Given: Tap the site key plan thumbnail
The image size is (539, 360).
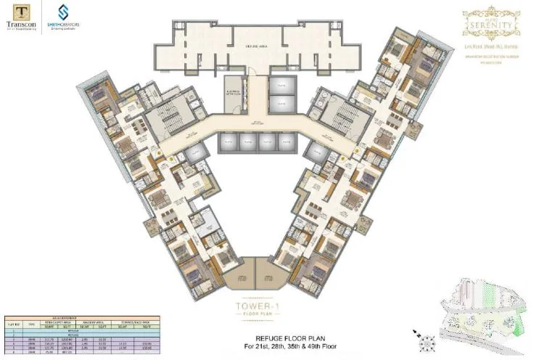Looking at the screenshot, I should (x=484, y=314).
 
